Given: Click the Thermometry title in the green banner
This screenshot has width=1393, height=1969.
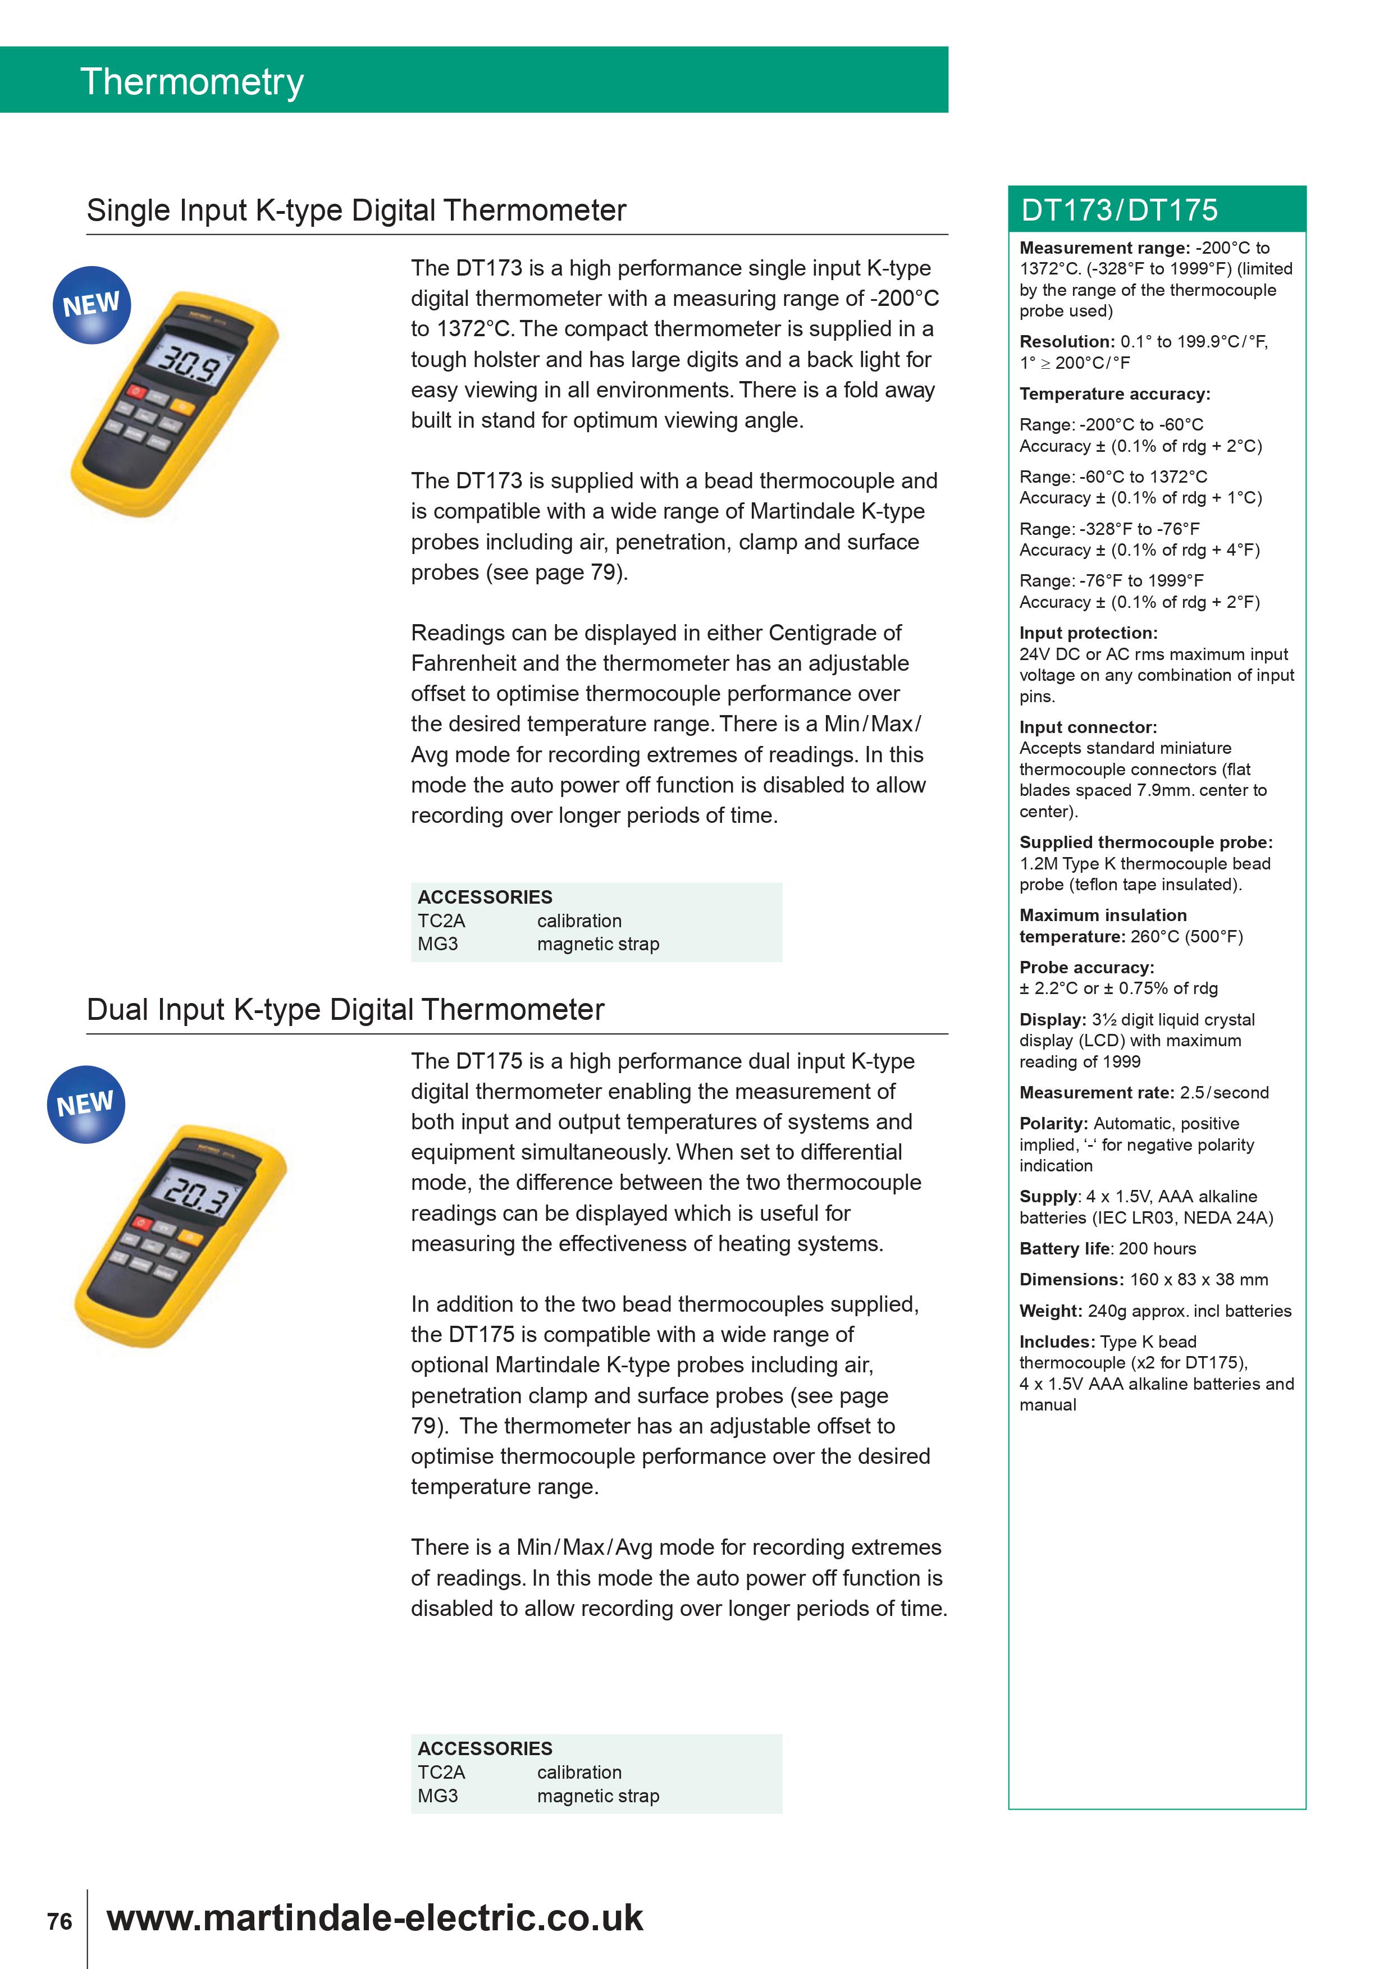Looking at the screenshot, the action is (192, 83).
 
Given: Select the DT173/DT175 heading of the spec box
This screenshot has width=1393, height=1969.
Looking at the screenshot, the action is (1120, 210).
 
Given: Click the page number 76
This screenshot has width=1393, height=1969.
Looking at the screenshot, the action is (59, 1921).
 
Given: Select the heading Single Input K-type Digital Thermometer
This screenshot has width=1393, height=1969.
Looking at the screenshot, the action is (357, 210).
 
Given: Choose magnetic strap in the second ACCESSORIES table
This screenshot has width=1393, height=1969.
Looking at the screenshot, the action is (598, 1796).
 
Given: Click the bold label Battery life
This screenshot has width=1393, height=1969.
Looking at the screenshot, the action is (1065, 1249).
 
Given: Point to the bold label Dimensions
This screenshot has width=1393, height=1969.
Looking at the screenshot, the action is (1071, 1280).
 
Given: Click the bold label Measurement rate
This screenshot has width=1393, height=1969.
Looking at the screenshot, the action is (1096, 1093).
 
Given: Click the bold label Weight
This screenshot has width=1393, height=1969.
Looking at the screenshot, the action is (1051, 1311).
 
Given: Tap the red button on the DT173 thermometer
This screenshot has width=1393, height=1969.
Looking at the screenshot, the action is (135, 392).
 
